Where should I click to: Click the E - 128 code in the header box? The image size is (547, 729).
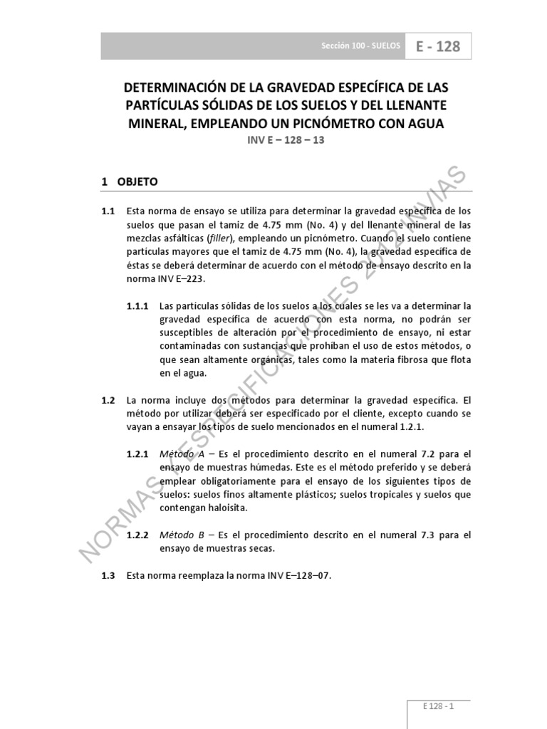(x=438, y=47)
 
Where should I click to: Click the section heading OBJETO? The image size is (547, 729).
(x=137, y=182)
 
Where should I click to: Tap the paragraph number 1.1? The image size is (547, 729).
(x=108, y=211)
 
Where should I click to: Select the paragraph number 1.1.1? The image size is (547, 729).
(x=137, y=306)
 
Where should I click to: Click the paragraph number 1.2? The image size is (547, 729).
(x=108, y=400)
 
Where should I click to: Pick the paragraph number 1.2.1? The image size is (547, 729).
(x=137, y=453)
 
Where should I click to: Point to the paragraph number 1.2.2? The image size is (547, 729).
(x=137, y=535)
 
